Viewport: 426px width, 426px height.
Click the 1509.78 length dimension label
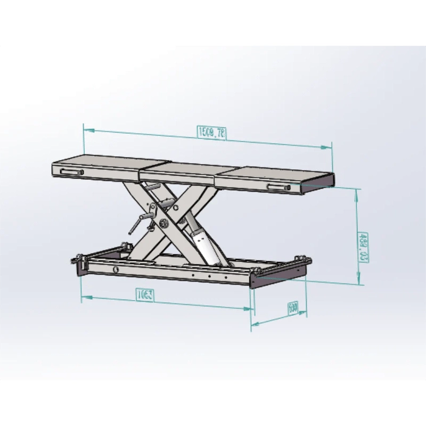[x=211, y=133]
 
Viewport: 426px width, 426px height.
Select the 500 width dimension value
[x=292, y=309]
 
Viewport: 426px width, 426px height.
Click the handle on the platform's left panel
[x=71, y=172]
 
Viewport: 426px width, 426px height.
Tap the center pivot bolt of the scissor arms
[x=162, y=224]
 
